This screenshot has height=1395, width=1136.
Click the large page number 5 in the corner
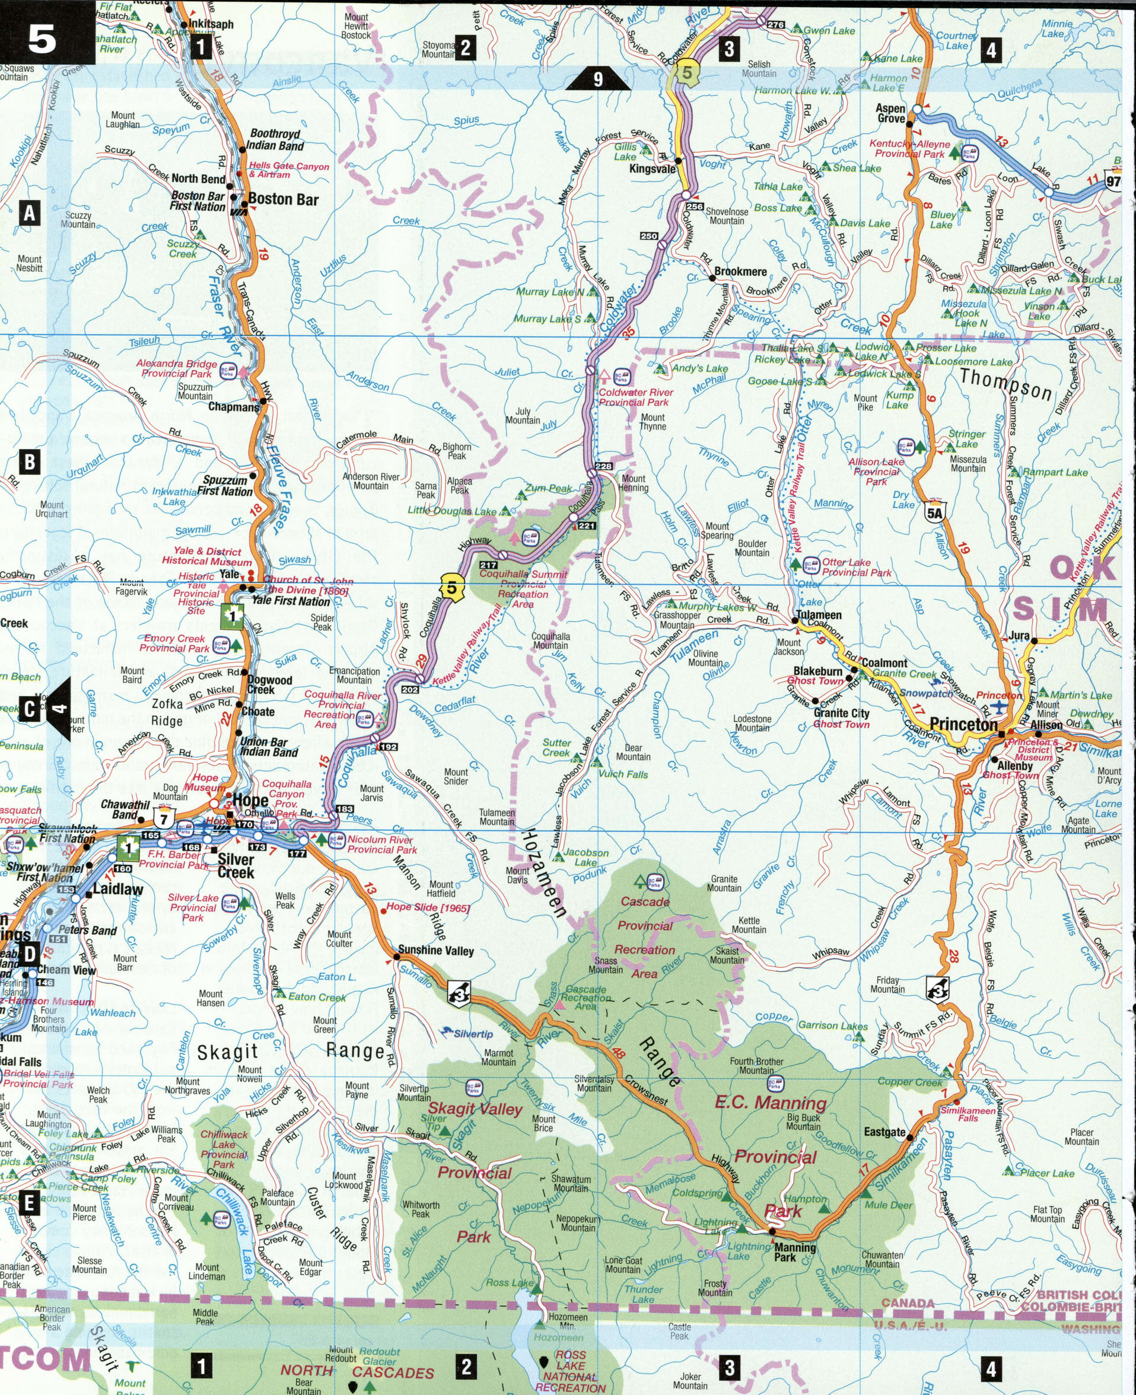[41, 40]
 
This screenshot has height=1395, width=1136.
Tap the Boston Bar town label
[283, 199]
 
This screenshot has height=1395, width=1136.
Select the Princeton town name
[963, 725]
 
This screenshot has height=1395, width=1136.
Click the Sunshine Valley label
[436, 951]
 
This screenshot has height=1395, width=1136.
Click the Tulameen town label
[817, 615]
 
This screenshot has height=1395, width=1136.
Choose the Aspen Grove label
[890, 113]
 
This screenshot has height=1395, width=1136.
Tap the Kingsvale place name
[652, 169]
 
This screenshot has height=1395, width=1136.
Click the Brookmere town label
[740, 271]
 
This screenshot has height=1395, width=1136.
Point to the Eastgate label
[884, 1132]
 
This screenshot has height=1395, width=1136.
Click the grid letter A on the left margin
[30, 214]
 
